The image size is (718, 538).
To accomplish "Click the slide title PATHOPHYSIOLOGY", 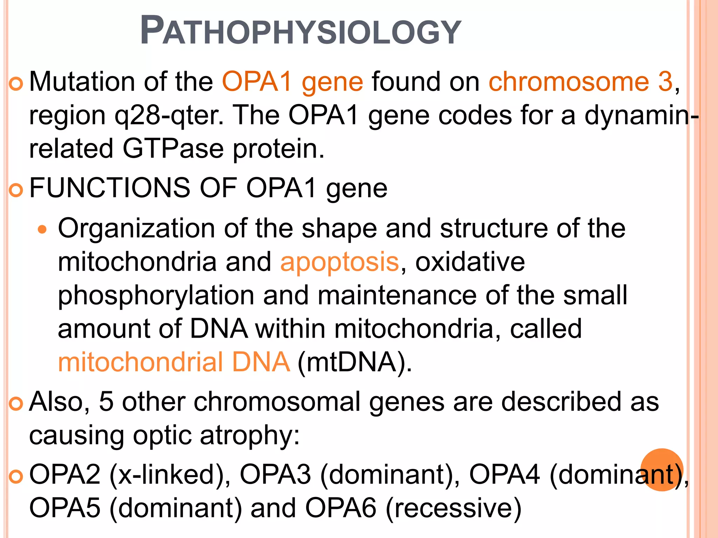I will [300, 32].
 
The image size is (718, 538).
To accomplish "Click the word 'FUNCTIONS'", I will [110, 188].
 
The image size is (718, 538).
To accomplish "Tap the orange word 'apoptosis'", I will [339, 262].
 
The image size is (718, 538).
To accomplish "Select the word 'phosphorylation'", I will [156, 295].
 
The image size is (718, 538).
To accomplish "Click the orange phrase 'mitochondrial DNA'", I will [174, 362].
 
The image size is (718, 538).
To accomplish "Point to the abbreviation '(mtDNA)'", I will [354, 362].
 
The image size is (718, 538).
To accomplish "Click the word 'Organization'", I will [136, 228].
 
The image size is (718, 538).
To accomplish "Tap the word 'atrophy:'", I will [250, 435].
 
